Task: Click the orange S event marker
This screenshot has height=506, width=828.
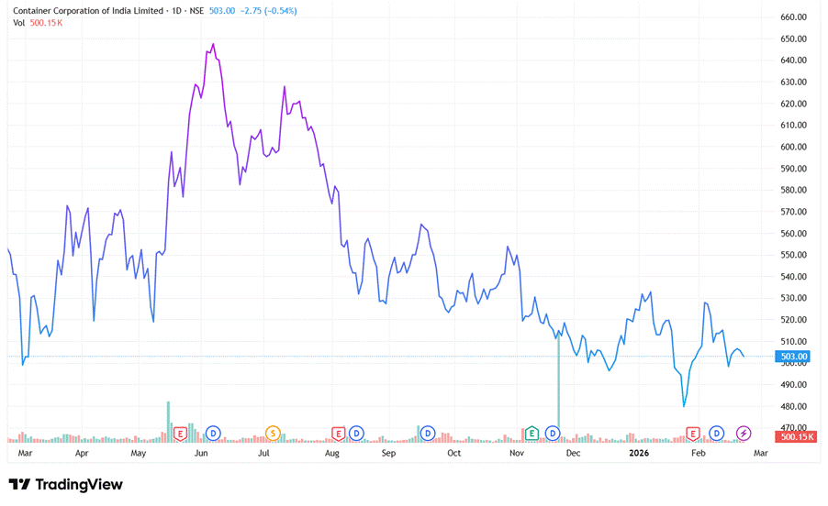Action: coord(273,433)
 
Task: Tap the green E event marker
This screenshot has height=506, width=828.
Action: coord(531,433)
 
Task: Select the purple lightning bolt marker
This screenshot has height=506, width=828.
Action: coord(744,433)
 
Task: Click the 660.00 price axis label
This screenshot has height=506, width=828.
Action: coord(792,17)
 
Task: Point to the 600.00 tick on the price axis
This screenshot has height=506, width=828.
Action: coord(792,147)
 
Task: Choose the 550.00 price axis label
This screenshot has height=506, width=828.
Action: coord(792,255)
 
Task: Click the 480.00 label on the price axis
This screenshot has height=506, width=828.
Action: coord(792,406)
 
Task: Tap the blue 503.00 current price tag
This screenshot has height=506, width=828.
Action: coord(792,357)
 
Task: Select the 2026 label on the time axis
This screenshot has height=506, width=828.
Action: coord(639,453)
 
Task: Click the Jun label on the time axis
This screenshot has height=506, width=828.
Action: coord(201,453)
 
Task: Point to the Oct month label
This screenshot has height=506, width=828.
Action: coord(453,453)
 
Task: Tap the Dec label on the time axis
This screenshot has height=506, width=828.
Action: coord(573,453)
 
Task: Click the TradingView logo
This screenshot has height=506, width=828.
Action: coord(65,484)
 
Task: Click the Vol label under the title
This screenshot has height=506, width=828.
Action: coord(18,22)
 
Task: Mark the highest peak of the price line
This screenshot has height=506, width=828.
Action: coord(213,44)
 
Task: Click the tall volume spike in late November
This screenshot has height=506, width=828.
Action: coord(558,385)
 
